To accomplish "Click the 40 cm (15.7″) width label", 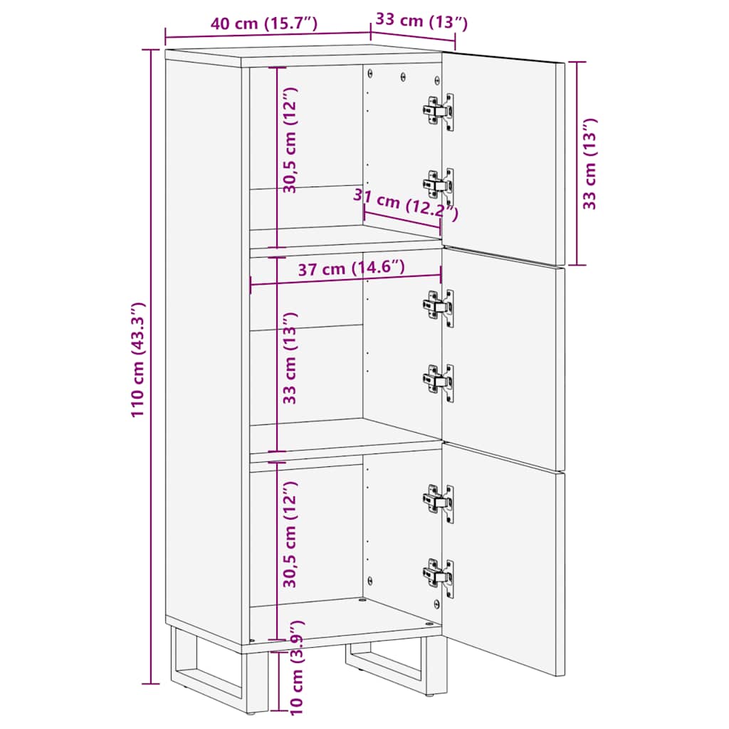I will coord(263,23).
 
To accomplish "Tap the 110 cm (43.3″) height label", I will coord(139,360).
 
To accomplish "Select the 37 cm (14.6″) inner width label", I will coord(352,268).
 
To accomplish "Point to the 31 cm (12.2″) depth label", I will coord(407,206).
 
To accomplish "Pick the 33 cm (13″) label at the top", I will coord(421,21).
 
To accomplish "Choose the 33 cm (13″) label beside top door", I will coord(590,164).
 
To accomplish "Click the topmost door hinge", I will coord(439,110).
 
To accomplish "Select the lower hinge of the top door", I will coord(439,185).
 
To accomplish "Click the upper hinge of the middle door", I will coord(439,307).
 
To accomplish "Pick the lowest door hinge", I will coord(439,575).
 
